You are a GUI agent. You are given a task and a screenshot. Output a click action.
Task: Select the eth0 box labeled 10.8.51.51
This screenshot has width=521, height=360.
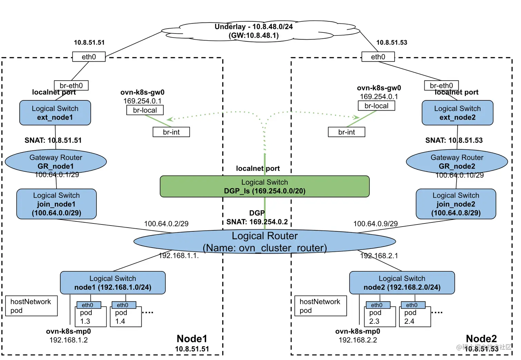[89, 57]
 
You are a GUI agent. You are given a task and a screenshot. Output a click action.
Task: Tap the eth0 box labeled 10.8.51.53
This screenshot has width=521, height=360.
[378, 57]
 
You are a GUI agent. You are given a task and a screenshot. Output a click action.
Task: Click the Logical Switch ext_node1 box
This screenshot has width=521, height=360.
[55, 113]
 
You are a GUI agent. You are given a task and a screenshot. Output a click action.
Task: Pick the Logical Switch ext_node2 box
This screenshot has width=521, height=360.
[457, 113]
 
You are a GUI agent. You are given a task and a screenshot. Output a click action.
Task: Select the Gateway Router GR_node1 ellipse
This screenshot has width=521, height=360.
[56, 161]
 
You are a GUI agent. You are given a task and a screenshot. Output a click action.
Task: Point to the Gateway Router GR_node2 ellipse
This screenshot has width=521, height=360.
[457, 161]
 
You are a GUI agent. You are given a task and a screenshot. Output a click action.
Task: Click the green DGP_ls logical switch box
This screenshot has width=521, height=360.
[265, 187]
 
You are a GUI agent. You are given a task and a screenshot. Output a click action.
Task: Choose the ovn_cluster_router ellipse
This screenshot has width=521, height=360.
[265, 241]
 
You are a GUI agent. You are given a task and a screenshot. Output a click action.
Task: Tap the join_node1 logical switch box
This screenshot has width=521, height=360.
[57, 204]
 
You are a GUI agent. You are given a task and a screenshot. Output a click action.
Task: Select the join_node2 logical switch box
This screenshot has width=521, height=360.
[456, 204]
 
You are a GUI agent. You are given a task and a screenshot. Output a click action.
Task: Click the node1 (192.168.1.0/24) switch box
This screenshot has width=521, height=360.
[113, 283]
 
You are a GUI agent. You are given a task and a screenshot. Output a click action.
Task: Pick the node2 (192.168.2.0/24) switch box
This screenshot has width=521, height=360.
[402, 283]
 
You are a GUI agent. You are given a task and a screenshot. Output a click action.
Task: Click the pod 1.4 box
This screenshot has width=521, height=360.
[126, 317]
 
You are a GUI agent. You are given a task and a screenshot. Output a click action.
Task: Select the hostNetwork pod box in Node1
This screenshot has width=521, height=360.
[31, 306]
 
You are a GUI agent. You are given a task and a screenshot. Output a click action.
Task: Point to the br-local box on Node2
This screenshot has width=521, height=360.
[376, 106]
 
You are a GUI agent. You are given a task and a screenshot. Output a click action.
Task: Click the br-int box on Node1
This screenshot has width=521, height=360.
[171, 132]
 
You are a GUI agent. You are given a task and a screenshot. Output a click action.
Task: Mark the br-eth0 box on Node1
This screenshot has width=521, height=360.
[71, 86]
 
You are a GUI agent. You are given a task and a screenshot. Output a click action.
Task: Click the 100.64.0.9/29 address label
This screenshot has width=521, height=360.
[375, 224]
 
